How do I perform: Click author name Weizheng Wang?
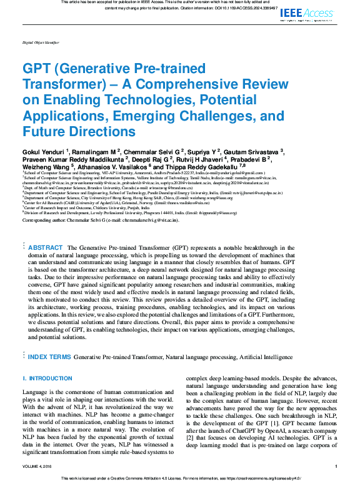click(x=46, y=167)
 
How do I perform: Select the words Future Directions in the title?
click(x=79, y=132)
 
